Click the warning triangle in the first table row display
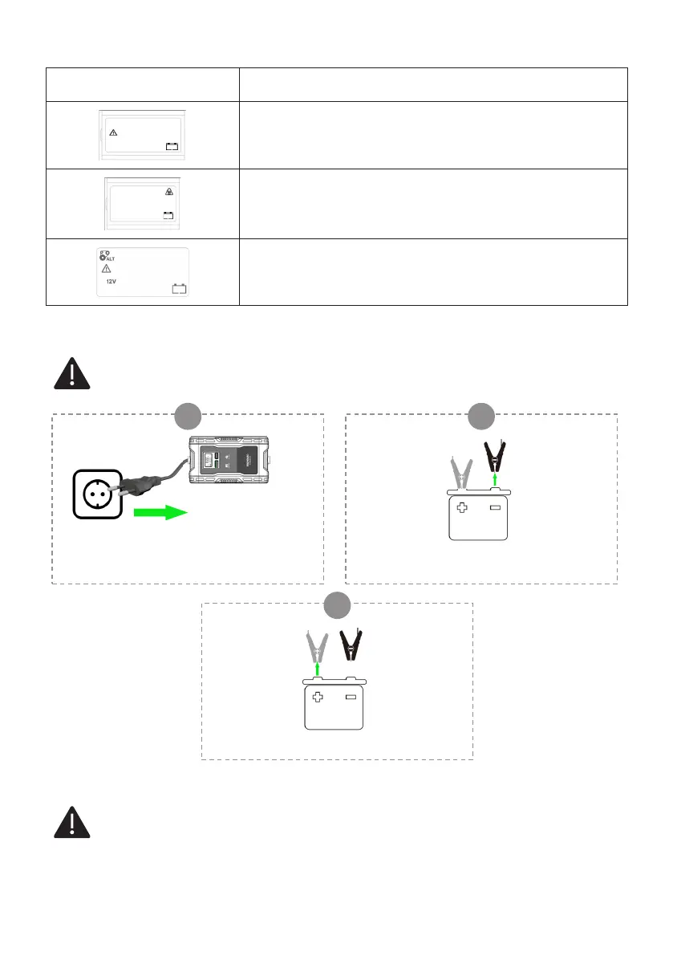[113, 132]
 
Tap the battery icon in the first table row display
[171, 146]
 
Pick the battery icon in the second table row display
[168, 214]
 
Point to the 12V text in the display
[114, 283]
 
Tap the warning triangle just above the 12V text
[106, 269]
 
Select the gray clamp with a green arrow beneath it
[316, 645]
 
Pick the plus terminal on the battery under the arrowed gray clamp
[317, 698]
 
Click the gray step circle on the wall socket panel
[188, 415]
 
